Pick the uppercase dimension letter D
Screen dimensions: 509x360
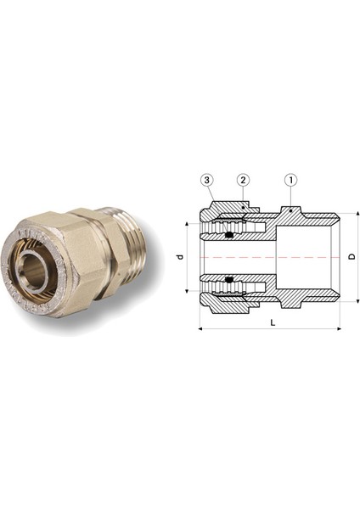(x=351, y=256)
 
